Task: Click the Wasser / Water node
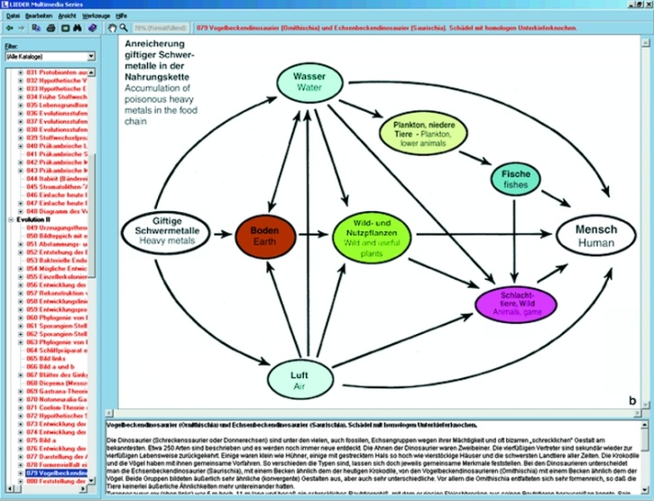click(309, 82)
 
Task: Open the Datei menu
click(14, 16)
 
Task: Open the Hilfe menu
click(122, 16)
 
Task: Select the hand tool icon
click(112, 29)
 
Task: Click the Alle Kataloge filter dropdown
click(47, 56)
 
